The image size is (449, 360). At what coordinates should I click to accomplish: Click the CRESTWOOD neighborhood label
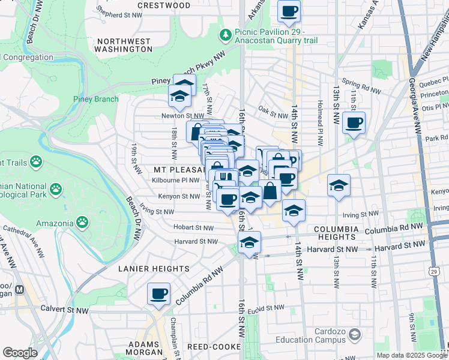pos(164,5)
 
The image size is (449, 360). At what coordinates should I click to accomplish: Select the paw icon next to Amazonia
pos(82,223)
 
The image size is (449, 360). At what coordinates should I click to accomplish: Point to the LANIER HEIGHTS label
pos(154,268)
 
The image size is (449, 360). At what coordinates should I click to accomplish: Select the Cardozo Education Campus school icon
pos(355,334)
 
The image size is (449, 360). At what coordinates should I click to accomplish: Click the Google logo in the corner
pos(20,353)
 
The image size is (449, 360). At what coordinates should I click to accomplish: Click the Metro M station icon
pos(19,289)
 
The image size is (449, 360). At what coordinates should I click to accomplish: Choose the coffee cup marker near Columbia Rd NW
pos(159,293)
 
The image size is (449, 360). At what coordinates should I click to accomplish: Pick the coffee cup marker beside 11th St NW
pos(354,123)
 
